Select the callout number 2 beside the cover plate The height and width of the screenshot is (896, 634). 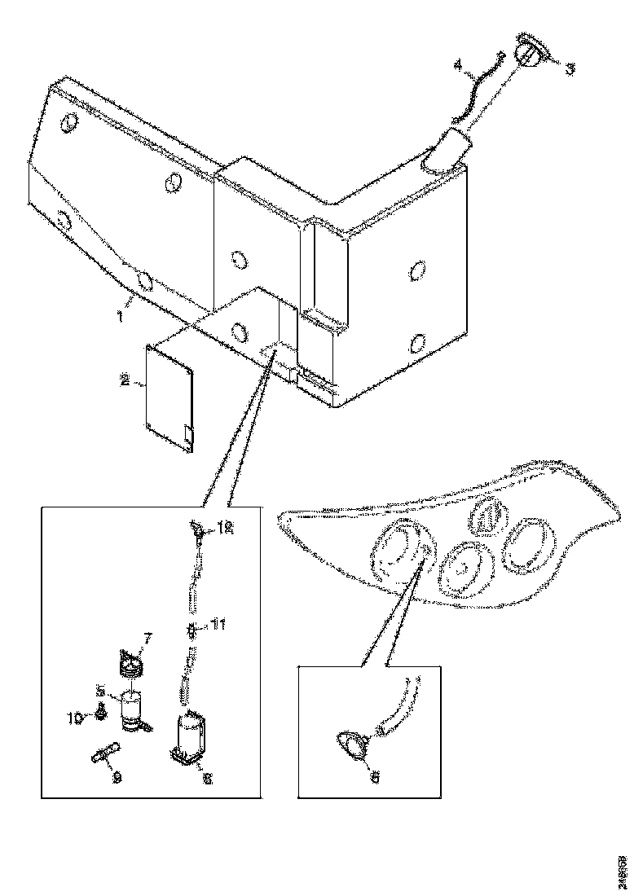click(125, 380)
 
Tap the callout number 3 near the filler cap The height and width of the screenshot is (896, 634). click(570, 68)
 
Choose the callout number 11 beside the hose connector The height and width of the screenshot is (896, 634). click(218, 625)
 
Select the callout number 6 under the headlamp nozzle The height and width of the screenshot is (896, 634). click(375, 777)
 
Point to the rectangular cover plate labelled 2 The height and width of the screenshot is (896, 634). click(169, 397)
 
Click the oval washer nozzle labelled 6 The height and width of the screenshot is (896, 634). click(353, 745)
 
